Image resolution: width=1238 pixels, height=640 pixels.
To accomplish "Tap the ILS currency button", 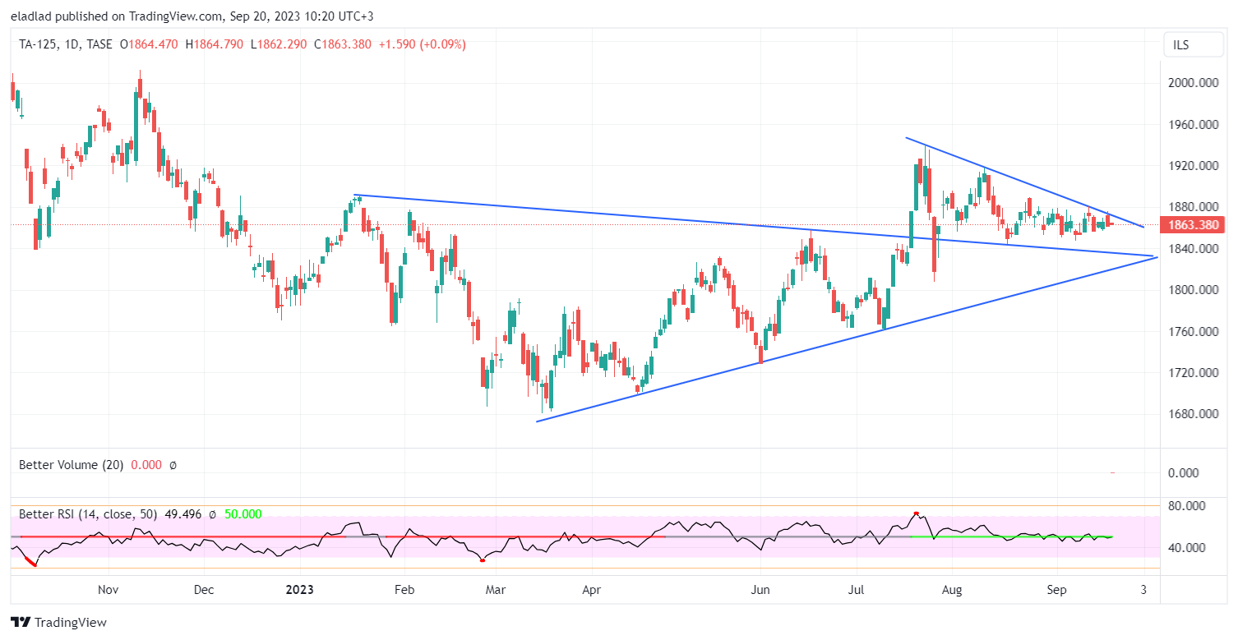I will [1180, 45].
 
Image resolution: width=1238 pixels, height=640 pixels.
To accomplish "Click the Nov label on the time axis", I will [109, 590].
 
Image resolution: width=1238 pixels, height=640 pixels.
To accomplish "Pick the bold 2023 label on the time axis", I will [299, 590].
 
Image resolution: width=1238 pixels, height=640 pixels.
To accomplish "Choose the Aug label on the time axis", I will [951, 590].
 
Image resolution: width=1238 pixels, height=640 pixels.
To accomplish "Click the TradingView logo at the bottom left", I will [58, 623].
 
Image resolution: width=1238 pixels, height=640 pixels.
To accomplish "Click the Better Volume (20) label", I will [71, 465].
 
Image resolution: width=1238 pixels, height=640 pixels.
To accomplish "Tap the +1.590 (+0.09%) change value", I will [422, 44].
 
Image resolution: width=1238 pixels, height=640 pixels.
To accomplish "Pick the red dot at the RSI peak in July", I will [916, 513].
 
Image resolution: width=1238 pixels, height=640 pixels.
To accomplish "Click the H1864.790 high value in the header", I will [215, 44].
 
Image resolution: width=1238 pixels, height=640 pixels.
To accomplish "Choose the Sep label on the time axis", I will [1057, 590].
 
